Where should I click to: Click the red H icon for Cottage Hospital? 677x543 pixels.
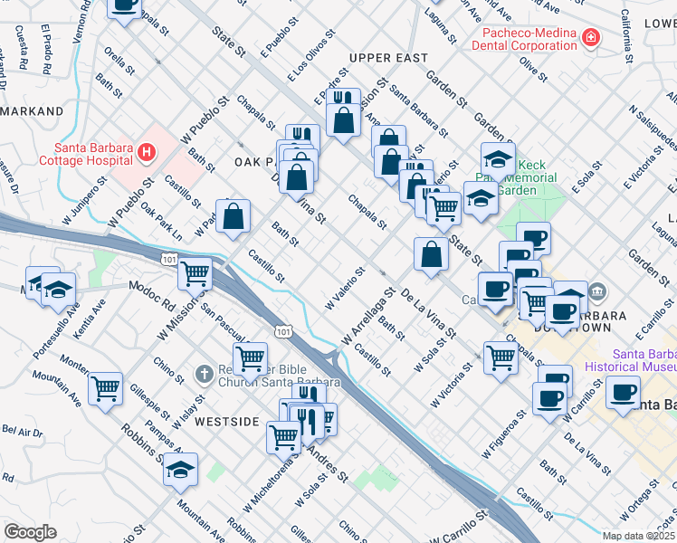tap(147, 154)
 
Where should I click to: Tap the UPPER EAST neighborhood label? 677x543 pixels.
tap(387, 58)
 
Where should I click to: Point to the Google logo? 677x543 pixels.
tap(30, 532)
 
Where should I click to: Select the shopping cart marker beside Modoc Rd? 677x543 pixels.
tap(195, 271)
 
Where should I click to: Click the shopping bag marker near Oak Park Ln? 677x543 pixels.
tap(234, 217)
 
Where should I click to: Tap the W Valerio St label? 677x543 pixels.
tap(345, 287)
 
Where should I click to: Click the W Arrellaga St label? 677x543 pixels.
tap(369, 317)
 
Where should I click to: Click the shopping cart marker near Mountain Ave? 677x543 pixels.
tap(106, 389)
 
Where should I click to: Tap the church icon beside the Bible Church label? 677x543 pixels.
tap(205, 373)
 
